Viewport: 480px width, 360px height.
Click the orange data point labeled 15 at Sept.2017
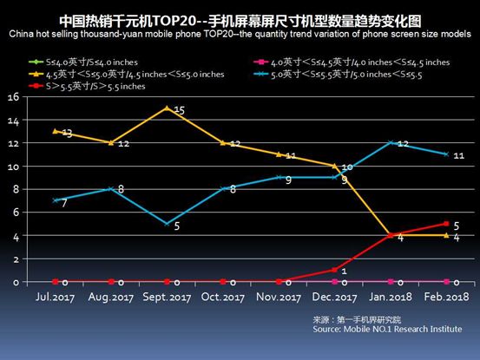click(166, 108)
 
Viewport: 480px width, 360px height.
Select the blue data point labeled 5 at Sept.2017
click(166, 224)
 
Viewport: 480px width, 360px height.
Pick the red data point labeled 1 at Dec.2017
click(334, 270)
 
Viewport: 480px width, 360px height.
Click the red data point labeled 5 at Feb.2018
click(446, 224)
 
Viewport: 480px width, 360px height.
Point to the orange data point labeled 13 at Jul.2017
click(55, 131)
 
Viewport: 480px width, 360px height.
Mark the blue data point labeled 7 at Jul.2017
click(55, 200)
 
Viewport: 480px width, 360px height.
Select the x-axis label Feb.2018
click(446, 299)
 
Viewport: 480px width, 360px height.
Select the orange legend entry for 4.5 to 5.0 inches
click(130, 75)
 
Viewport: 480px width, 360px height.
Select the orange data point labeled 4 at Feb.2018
click(446, 235)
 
